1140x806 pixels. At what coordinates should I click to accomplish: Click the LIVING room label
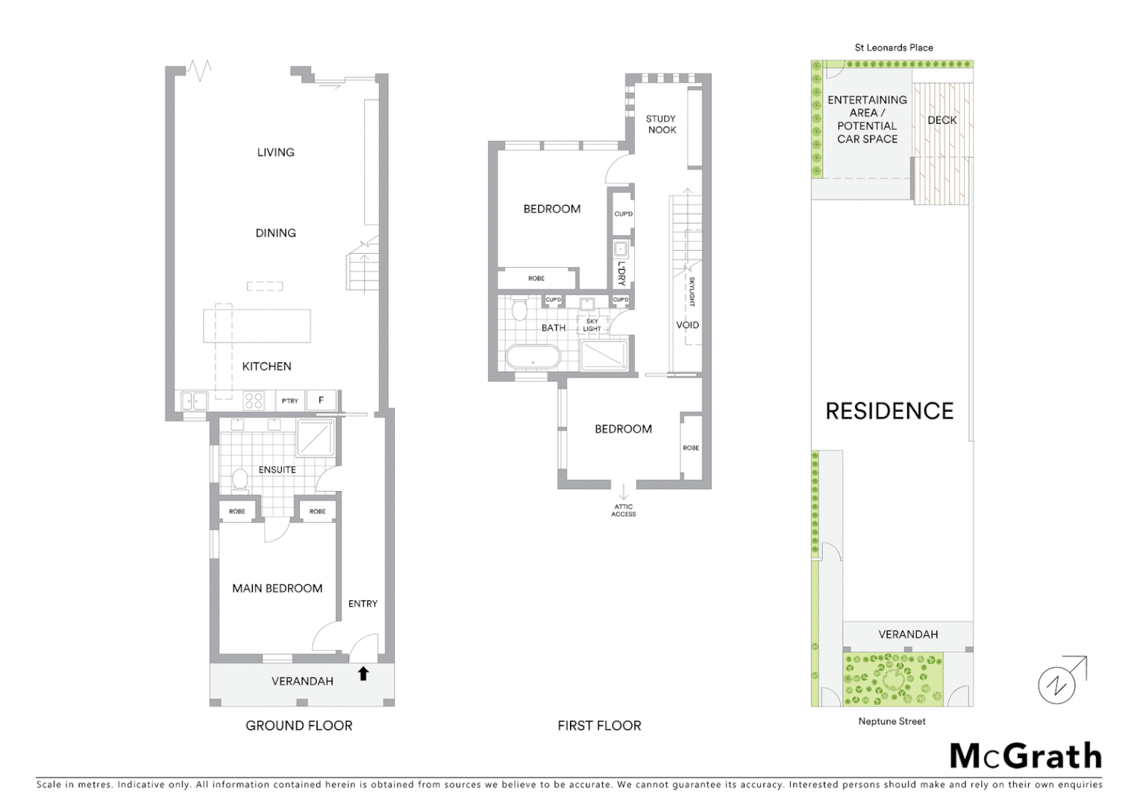click(x=275, y=152)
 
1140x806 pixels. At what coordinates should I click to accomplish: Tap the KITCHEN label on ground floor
click(x=266, y=366)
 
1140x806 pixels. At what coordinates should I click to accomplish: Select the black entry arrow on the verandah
click(x=363, y=674)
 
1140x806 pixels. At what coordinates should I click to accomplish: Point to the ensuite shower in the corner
click(x=316, y=438)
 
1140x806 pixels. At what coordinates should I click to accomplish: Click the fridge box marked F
click(x=322, y=401)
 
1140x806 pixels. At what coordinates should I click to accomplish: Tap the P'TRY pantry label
click(x=289, y=401)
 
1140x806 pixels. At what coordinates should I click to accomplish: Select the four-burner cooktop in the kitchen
click(x=254, y=401)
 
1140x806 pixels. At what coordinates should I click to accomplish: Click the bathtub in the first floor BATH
click(x=533, y=357)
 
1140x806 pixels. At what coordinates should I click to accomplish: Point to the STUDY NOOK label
click(x=661, y=124)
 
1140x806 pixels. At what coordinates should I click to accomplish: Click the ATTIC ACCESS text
click(x=623, y=510)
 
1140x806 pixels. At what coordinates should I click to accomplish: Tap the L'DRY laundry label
click(x=621, y=273)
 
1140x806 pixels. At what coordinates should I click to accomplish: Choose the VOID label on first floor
click(x=687, y=325)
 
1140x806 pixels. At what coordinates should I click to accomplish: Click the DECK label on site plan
click(x=942, y=120)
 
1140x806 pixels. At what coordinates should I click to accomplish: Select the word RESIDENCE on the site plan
click(x=889, y=411)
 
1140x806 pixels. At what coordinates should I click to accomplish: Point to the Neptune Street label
click(x=892, y=722)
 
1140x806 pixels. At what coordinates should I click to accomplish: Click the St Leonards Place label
click(x=893, y=48)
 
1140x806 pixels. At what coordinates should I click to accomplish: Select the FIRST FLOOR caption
click(x=599, y=725)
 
